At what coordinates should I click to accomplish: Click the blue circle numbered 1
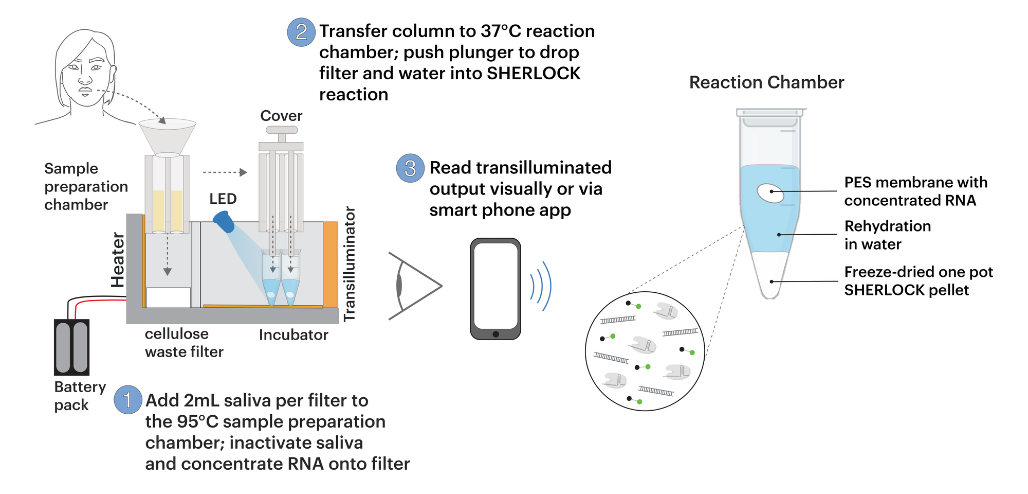click(x=128, y=400)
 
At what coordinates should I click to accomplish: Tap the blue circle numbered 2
click(x=301, y=32)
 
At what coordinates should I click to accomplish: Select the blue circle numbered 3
click(x=410, y=168)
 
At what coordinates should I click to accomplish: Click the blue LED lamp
click(x=224, y=221)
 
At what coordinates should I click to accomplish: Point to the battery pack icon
click(x=72, y=347)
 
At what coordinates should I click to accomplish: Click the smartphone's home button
click(x=495, y=334)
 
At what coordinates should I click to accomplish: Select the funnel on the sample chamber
click(x=168, y=137)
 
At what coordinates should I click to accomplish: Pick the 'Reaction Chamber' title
click(x=766, y=82)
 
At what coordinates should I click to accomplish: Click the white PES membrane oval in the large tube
click(x=770, y=193)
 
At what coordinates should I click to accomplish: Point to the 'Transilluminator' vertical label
click(x=350, y=264)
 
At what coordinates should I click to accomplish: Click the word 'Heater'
click(x=118, y=260)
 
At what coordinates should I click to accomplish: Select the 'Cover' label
click(x=281, y=116)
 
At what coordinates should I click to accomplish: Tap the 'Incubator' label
click(x=293, y=335)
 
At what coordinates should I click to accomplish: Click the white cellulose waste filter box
click(x=169, y=297)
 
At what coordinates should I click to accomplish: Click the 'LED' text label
click(x=223, y=199)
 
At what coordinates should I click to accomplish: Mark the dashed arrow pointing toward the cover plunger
click(x=225, y=172)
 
